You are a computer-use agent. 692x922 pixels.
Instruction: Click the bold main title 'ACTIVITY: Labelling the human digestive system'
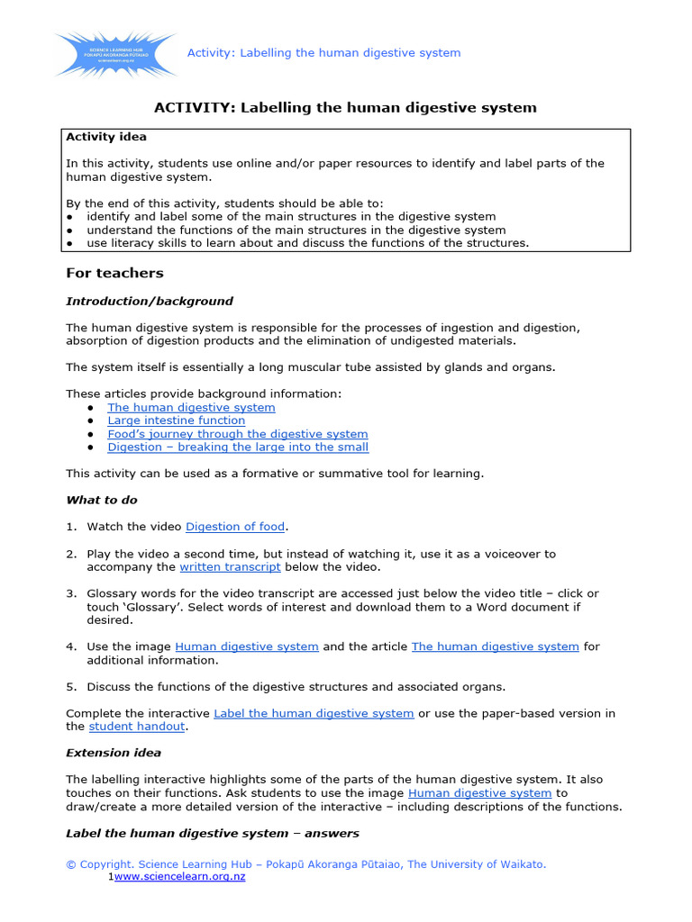(345, 107)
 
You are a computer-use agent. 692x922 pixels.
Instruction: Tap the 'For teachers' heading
(114, 273)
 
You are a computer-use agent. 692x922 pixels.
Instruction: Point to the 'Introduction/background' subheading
(150, 301)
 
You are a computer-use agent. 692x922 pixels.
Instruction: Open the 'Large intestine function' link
(176, 420)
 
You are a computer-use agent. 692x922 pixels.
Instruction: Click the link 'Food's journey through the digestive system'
(237, 434)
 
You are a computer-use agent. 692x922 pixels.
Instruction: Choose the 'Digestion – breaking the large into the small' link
(238, 447)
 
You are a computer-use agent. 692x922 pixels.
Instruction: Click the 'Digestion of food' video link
(235, 527)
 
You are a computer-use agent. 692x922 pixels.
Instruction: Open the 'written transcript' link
(230, 567)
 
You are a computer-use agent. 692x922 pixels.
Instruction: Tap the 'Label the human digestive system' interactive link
(314, 713)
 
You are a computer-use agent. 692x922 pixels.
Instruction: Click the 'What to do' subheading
(102, 500)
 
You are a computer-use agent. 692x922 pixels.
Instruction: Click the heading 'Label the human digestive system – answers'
(213, 833)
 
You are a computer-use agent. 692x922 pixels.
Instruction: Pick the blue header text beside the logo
(323, 53)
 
